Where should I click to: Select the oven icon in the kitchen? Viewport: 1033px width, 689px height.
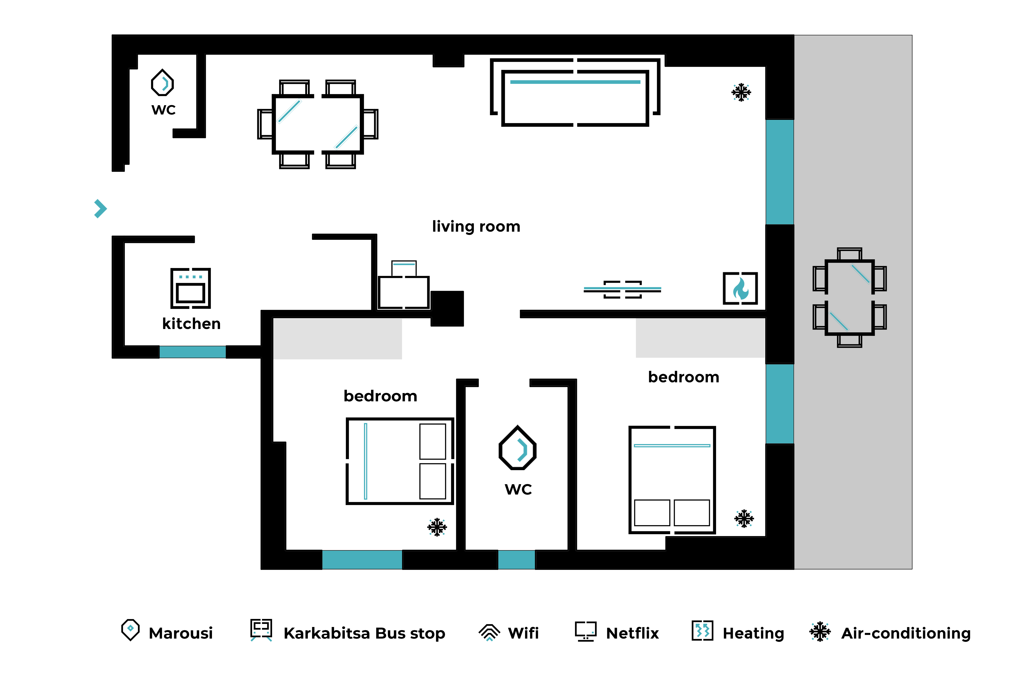pyautogui.click(x=191, y=288)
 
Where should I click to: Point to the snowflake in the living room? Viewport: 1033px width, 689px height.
pyautogui.click(x=741, y=92)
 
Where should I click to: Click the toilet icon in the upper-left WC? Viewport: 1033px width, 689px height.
pyautogui.click(x=163, y=83)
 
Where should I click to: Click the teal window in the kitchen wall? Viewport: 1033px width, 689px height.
pyautogui.click(x=192, y=352)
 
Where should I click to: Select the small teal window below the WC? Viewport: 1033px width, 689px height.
pyautogui.click(x=516, y=560)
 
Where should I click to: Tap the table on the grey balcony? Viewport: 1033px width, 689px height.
pyautogui.click(x=849, y=297)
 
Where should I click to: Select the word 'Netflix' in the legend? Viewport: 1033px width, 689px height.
pyautogui.click(x=632, y=633)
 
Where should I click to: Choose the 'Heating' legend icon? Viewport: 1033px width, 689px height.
pyautogui.click(x=702, y=631)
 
